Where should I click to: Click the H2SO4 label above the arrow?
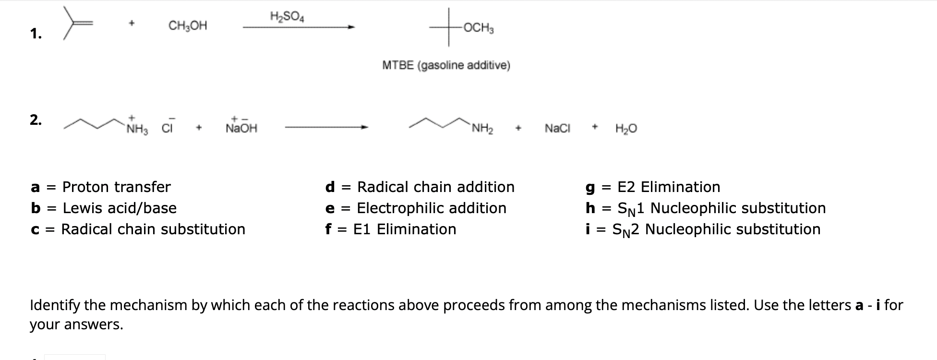click(287, 17)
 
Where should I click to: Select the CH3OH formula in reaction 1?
click(188, 26)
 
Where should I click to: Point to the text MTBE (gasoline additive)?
click(446, 65)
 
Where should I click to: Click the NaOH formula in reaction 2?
click(241, 128)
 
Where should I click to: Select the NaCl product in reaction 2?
click(557, 128)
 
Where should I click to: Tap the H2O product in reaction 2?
click(626, 128)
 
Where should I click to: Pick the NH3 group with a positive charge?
click(137, 128)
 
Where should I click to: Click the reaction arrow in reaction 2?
click(326, 127)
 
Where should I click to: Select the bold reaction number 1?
click(36, 34)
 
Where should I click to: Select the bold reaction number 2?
click(36, 120)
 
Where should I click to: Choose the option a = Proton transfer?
click(100, 187)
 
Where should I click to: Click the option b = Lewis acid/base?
click(103, 208)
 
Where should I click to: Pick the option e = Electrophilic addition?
click(416, 208)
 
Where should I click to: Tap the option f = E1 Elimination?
click(391, 229)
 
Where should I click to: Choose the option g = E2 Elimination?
click(653, 187)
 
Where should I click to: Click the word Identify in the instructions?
click(53, 305)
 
